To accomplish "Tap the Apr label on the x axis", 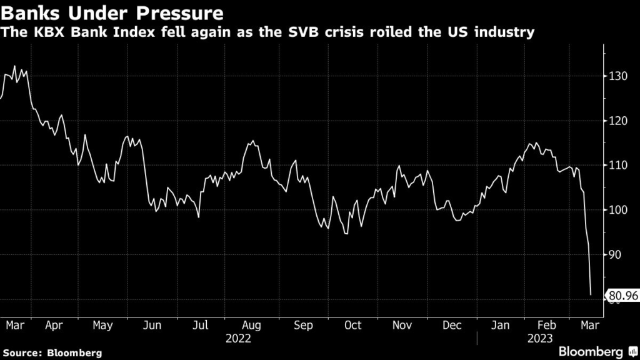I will [54, 325].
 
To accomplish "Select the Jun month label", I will [152, 325].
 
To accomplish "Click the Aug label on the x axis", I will [251, 325].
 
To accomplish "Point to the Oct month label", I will [352, 325].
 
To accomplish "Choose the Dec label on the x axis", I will [451, 325].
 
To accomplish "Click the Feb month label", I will [547, 325].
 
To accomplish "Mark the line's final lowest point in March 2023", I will [591, 294].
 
